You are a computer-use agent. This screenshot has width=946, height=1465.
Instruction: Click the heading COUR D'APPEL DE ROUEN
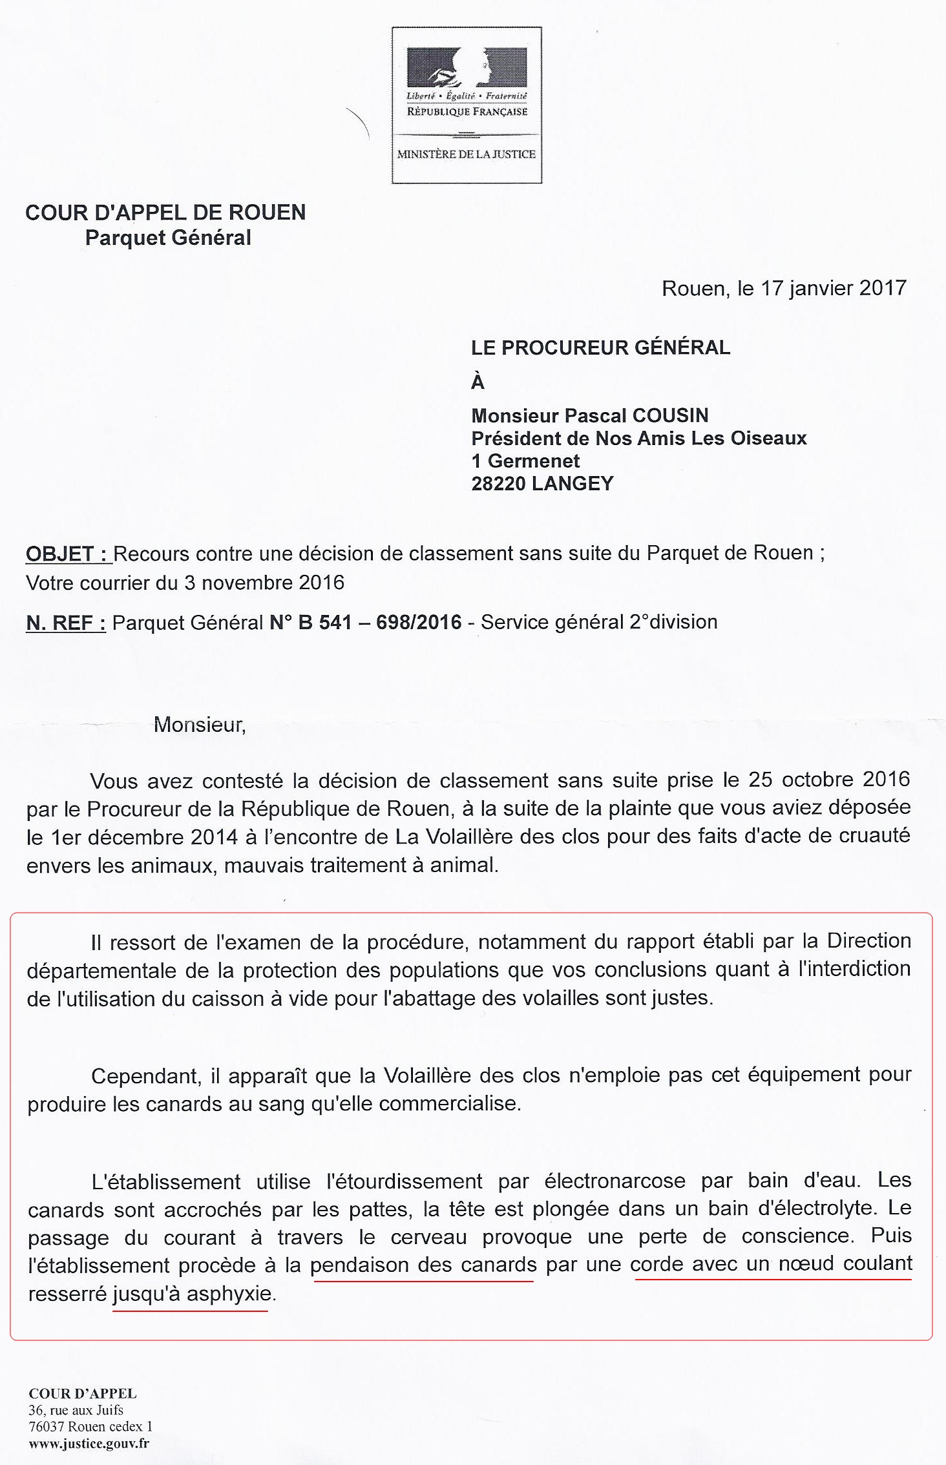[165, 213]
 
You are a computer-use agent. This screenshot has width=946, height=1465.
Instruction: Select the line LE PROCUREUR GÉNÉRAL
[600, 348]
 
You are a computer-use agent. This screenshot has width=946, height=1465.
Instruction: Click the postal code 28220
[498, 483]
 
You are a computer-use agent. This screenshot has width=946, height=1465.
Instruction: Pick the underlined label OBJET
[67, 554]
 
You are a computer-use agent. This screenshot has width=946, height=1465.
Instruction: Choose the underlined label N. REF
[66, 622]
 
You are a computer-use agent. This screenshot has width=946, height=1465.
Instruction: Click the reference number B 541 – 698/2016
[365, 622]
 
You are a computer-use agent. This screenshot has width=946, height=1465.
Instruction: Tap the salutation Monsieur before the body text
[200, 725]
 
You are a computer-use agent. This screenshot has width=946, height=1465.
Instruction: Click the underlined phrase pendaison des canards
[423, 1264]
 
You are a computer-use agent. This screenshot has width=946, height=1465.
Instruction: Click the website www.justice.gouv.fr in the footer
[89, 1443]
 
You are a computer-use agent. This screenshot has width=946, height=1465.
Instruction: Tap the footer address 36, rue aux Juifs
[76, 1409]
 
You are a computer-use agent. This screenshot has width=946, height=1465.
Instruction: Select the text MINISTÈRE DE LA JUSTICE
[466, 154]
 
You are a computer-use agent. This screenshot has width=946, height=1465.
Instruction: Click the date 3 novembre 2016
[264, 583]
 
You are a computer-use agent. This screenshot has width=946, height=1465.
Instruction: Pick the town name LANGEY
[572, 483]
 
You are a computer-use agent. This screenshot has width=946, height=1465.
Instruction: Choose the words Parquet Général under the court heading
[168, 238]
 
